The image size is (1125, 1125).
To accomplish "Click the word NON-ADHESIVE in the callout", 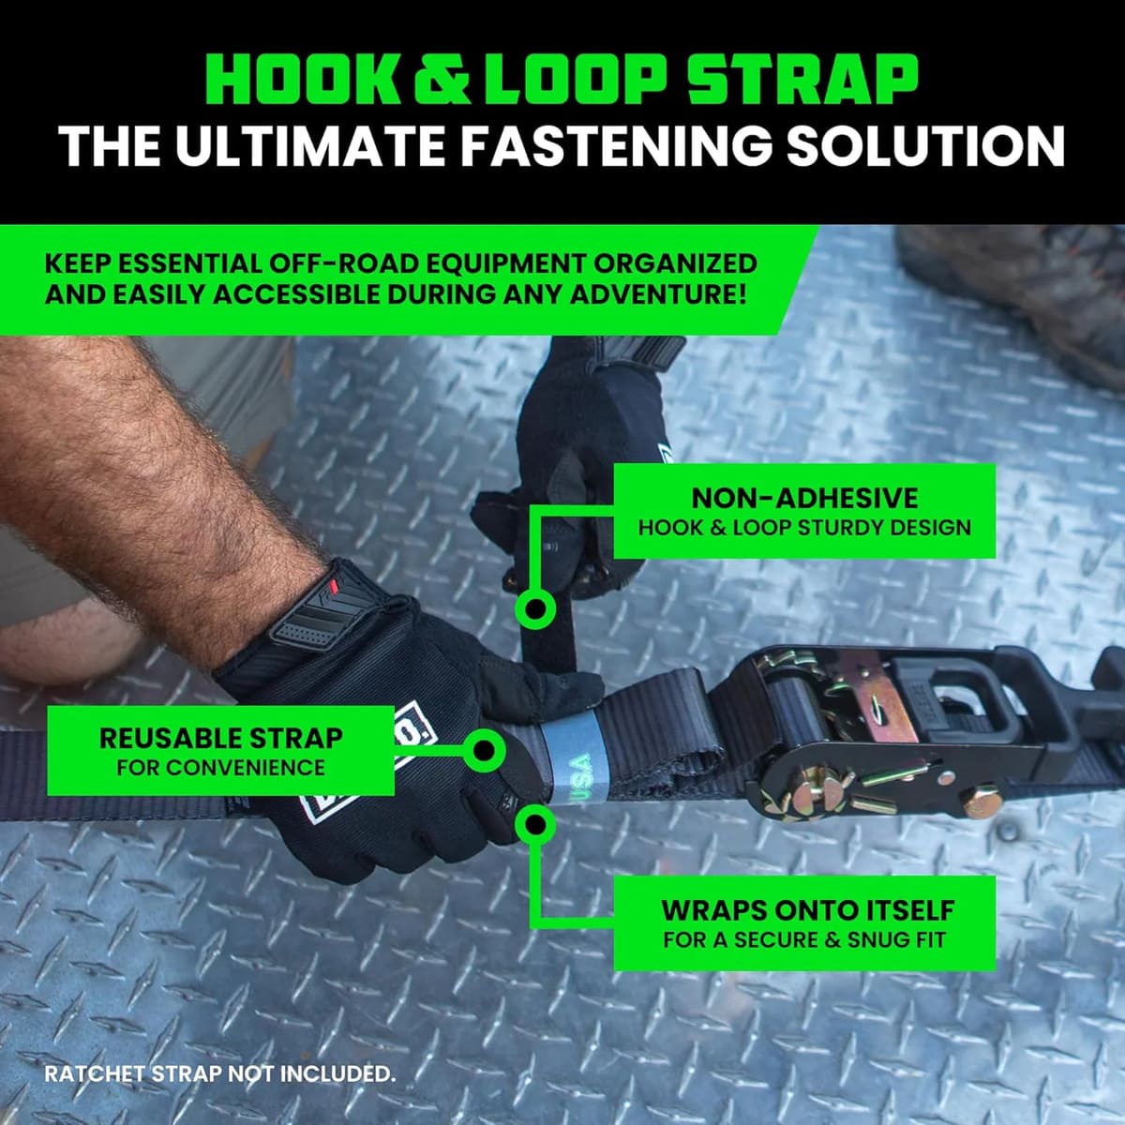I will click(804, 498).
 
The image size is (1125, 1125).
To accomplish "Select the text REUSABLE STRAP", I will click(220, 738).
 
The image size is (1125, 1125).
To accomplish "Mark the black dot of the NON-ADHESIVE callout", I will click(535, 609).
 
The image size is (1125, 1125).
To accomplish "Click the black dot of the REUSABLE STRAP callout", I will click(485, 749).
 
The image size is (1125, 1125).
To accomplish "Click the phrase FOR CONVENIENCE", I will click(220, 768).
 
